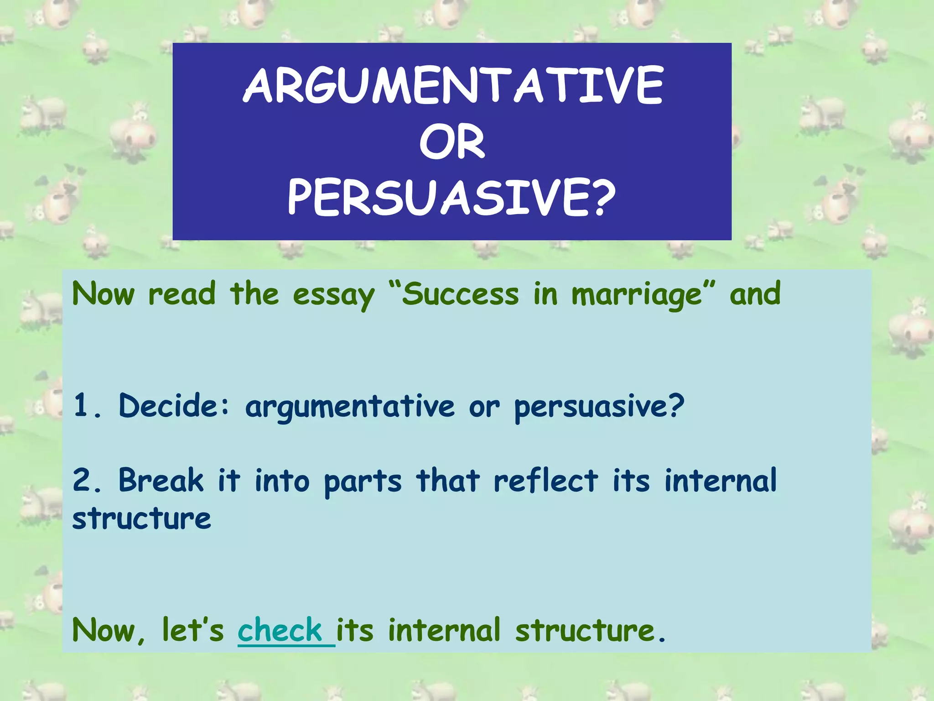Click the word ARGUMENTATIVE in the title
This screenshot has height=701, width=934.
[x=452, y=85]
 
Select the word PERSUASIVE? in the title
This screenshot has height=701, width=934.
[x=451, y=198]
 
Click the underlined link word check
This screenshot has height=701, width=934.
[x=280, y=630]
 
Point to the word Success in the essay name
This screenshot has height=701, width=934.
[x=460, y=294]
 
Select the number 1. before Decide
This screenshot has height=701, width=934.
[x=87, y=405]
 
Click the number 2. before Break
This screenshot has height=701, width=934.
[x=87, y=481]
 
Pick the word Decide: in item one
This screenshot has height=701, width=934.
[x=174, y=405]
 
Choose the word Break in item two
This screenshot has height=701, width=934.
[x=161, y=481]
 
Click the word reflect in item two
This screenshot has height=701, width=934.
[x=545, y=481]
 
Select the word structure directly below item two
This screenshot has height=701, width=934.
[x=141, y=519]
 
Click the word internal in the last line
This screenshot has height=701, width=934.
[x=444, y=630]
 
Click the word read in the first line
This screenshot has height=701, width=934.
[x=182, y=294]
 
